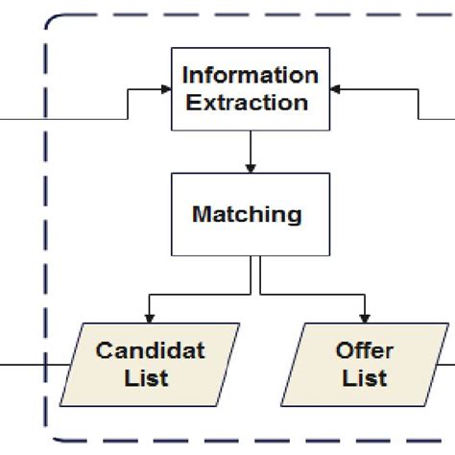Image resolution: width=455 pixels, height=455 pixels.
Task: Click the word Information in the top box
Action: click(250, 75)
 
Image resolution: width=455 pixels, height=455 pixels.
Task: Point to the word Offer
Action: click(366, 350)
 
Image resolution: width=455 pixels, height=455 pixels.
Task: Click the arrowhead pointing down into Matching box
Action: click(250, 167)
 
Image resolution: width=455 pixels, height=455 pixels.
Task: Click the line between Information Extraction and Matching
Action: click(250, 149)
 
